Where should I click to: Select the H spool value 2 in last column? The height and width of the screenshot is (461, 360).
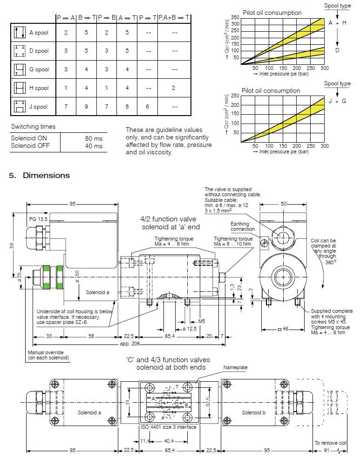coord(174,88)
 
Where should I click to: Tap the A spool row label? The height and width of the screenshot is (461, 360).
coord(39,33)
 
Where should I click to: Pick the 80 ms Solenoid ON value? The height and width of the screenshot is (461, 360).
coord(94,138)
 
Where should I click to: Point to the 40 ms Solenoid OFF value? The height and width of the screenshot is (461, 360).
coord(94,146)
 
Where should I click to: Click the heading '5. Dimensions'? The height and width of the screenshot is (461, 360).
coord(39,175)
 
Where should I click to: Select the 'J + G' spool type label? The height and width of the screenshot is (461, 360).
coord(337,100)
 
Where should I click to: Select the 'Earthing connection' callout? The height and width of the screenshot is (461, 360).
coord(243,226)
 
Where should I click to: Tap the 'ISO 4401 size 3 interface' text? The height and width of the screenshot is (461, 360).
coord(168,427)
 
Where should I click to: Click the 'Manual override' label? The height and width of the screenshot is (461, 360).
coord(48,355)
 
